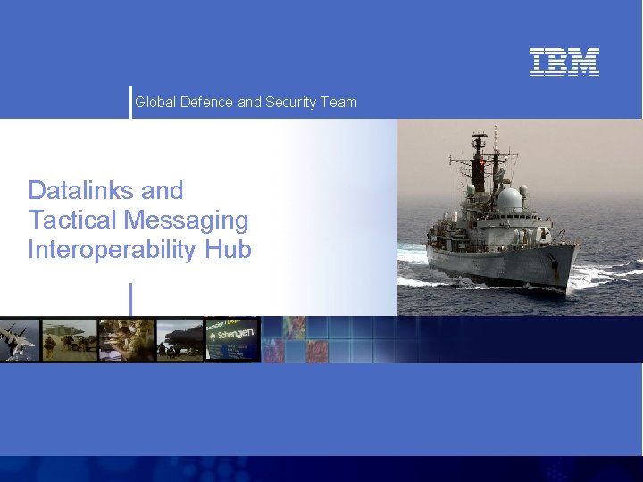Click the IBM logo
click(x=564, y=62)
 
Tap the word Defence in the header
click(x=206, y=103)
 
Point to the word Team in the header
click(x=339, y=103)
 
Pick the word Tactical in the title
click(x=74, y=220)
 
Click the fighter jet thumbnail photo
click(x=20, y=340)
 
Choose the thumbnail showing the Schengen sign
click(x=232, y=340)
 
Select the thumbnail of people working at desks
click(x=126, y=340)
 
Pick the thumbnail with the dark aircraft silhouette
click(x=180, y=340)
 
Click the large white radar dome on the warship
click(x=510, y=199)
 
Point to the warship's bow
click(x=572, y=254)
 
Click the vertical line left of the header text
click(x=130, y=102)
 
